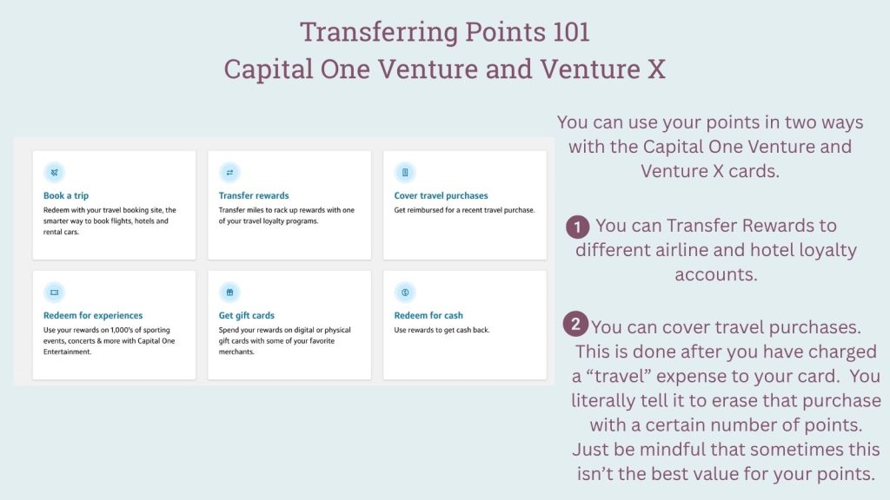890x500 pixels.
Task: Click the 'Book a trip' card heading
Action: point(66,195)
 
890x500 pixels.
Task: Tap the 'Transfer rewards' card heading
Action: point(254,195)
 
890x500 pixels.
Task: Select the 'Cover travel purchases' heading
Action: point(441,195)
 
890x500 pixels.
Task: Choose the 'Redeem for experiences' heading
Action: point(93,315)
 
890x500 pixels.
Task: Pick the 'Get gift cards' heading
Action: point(246,315)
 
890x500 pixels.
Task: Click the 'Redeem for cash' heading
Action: point(428,315)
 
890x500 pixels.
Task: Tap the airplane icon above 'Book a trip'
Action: point(55,173)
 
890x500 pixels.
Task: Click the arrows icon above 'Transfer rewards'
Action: point(229,173)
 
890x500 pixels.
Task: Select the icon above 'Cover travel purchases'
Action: point(405,173)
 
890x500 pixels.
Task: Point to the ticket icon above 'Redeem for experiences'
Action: point(55,293)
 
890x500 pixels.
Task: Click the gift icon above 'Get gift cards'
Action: point(229,293)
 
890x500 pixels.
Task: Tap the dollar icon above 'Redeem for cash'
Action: point(405,293)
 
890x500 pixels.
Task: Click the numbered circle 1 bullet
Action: point(577,227)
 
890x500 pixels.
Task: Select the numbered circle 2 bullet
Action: point(575,324)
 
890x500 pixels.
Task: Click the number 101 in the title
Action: point(571,32)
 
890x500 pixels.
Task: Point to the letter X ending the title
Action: point(657,69)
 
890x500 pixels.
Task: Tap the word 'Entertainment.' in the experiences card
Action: point(67,352)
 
